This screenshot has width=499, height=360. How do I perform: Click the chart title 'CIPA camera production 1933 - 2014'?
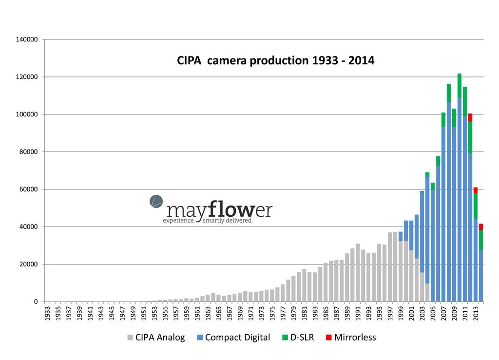tap(275, 61)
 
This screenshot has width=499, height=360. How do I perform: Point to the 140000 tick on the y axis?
tap(28, 39)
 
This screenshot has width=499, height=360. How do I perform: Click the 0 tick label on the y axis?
tap(36, 302)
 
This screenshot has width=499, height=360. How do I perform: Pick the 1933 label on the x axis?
tap(47, 312)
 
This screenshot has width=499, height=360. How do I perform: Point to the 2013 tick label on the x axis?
tap(476, 312)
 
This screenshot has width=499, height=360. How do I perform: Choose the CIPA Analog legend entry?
tap(156, 338)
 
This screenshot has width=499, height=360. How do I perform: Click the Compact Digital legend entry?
tap(232, 338)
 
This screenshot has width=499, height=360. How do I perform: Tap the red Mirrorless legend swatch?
tap(329, 338)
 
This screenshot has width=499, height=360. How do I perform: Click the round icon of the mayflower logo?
tap(156, 201)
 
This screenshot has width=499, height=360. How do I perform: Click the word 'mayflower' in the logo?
tap(219, 210)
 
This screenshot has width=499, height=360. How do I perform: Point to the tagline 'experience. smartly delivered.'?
tap(208, 221)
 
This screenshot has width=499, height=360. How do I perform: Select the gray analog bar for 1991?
tap(358, 273)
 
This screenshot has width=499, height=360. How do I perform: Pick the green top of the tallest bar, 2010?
tap(460, 86)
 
